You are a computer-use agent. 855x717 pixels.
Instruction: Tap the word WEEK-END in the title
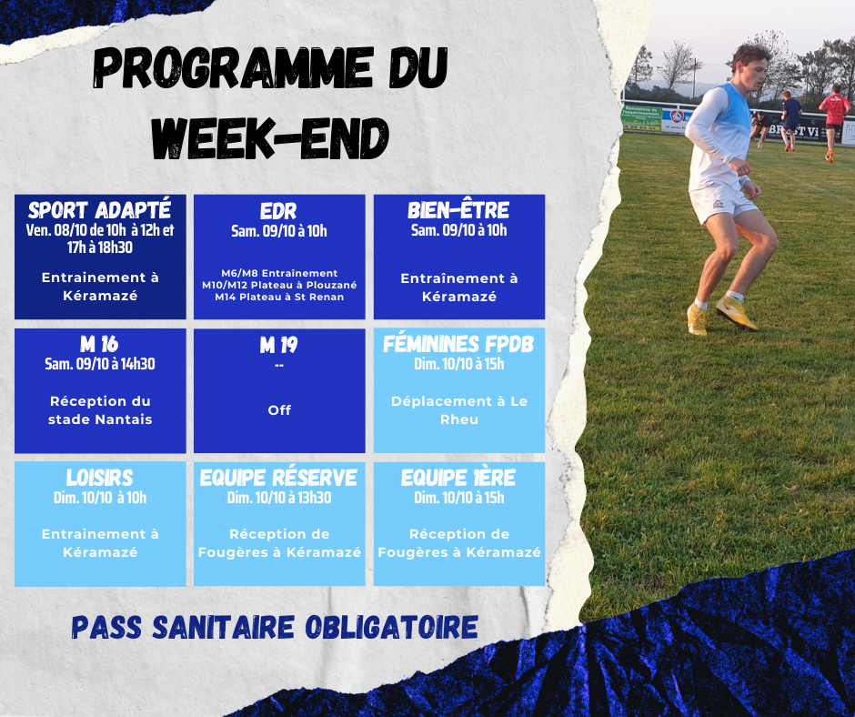pyautogui.click(x=270, y=138)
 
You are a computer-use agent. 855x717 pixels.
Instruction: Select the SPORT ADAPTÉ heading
pyautogui.click(x=100, y=210)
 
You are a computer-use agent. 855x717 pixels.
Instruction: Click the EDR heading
pyautogui.click(x=278, y=211)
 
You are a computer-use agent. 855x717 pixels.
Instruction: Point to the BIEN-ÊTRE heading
pyautogui.click(x=458, y=210)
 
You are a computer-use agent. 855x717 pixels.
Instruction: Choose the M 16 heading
pyautogui.click(x=99, y=344)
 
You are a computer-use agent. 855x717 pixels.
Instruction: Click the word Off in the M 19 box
pyautogui.click(x=279, y=409)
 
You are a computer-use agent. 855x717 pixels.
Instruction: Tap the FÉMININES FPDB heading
pyautogui.click(x=458, y=344)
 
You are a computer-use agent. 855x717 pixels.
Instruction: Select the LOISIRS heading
pyautogui.click(x=100, y=478)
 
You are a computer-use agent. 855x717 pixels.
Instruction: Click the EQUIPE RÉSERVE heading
pyautogui.click(x=278, y=478)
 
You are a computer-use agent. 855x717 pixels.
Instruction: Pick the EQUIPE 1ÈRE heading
pyautogui.click(x=458, y=478)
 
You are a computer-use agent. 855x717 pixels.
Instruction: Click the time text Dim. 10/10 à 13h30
pyautogui.click(x=279, y=498)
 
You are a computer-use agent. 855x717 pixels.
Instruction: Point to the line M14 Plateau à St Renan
pyautogui.click(x=279, y=297)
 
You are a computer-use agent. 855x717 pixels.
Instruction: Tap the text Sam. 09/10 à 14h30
pyautogui.click(x=100, y=364)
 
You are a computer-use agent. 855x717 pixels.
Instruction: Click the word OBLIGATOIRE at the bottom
pyautogui.click(x=391, y=628)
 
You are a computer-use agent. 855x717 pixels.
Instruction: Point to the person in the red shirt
pyautogui.click(x=833, y=121)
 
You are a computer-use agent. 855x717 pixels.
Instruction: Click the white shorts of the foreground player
pyautogui.click(x=721, y=200)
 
